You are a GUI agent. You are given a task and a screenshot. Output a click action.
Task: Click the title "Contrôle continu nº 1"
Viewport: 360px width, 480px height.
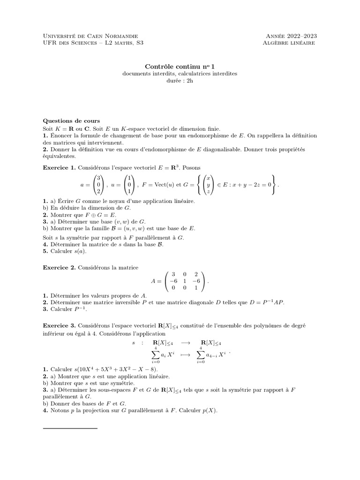click(180, 67)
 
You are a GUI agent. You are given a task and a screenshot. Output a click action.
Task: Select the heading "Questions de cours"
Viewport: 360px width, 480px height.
click(71, 120)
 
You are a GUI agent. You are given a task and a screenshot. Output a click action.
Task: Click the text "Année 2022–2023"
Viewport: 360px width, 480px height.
click(290, 36)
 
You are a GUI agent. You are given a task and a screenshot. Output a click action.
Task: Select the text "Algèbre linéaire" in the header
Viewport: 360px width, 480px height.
click(289, 43)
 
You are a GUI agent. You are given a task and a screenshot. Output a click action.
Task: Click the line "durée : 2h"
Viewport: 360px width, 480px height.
click(180, 81)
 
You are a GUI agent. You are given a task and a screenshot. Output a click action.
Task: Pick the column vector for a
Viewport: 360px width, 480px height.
click(99, 185)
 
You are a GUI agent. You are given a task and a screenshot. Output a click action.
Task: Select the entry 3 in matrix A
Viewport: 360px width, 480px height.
click(173, 274)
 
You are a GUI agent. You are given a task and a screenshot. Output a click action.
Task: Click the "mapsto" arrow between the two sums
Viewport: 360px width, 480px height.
click(180, 355)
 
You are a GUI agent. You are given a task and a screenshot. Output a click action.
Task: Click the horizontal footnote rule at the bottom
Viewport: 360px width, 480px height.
click(70, 428)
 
